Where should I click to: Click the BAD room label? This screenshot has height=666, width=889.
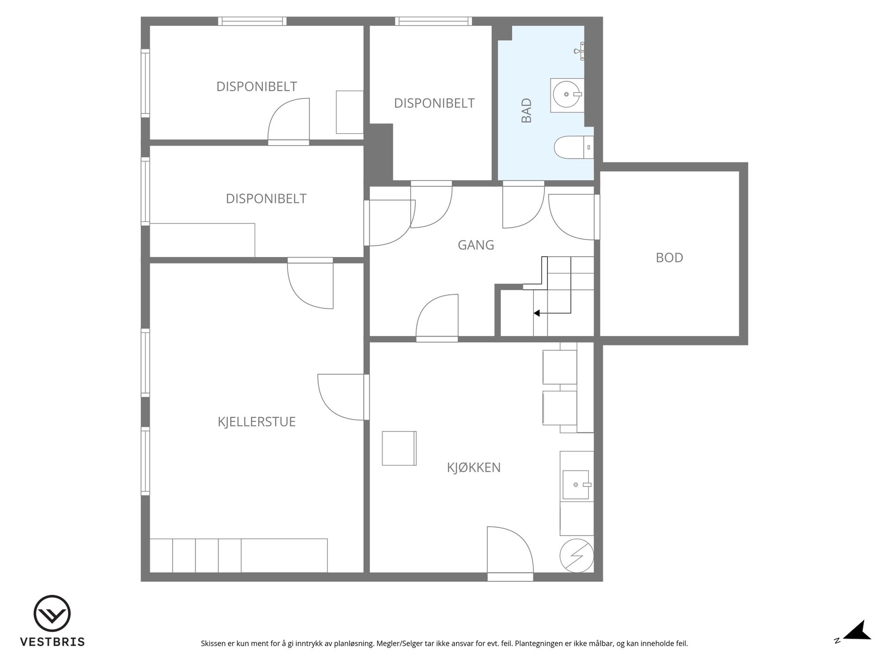pos(526,111)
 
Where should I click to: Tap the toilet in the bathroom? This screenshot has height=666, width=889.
pos(574,147)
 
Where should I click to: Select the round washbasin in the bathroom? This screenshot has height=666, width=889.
pos(566,94)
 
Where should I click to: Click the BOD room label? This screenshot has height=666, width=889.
pos(670,258)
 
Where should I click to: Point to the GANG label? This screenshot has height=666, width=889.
pos(476,245)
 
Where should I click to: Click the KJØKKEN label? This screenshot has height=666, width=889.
pos(474,468)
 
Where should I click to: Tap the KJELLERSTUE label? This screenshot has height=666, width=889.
pos(257,422)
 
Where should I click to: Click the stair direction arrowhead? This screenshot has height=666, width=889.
pos(537,313)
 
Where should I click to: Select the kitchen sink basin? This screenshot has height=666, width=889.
pos(576,485)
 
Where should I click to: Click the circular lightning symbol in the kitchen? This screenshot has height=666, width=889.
pos(576,555)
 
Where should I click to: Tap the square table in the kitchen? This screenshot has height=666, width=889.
pos(399,448)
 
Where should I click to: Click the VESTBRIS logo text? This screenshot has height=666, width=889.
pos(52,642)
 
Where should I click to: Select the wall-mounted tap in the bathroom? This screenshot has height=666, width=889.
pos(579,51)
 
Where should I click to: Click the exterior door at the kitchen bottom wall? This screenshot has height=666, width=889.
pos(510,554)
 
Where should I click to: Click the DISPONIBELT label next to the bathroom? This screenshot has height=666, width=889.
pos(434,103)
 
